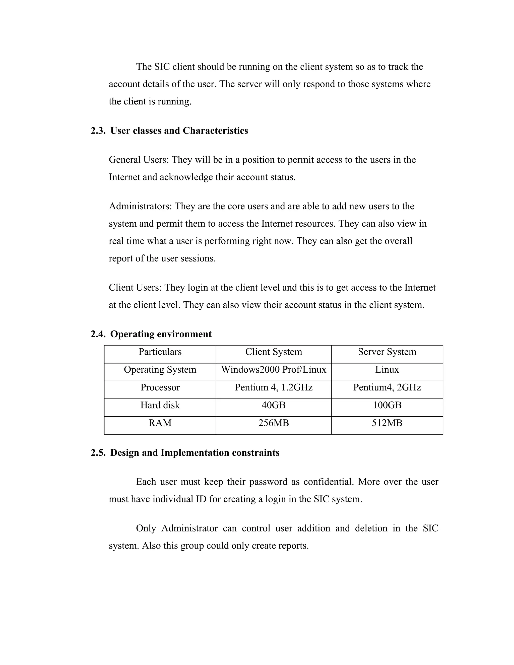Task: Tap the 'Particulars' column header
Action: click(x=160, y=352)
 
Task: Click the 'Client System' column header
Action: click(x=274, y=352)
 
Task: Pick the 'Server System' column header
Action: click(x=387, y=352)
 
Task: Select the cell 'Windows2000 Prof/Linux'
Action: click(x=274, y=370)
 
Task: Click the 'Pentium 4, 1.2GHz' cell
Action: click(x=274, y=387)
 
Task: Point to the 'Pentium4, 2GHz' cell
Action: click(x=387, y=387)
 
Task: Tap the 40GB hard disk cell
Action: click(x=274, y=405)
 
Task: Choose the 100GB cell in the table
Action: click(x=387, y=405)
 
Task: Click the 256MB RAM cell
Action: click(x=274, y=423)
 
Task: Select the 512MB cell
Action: click(x=387, y=423)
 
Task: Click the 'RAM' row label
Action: click(x=160, y=423)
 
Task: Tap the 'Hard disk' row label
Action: click(x=160, y=405)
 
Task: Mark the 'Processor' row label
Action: click(x=160, y=387)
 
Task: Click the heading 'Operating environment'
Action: click(x=161, y=334)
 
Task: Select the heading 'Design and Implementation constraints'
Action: click(x=195, y=453)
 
